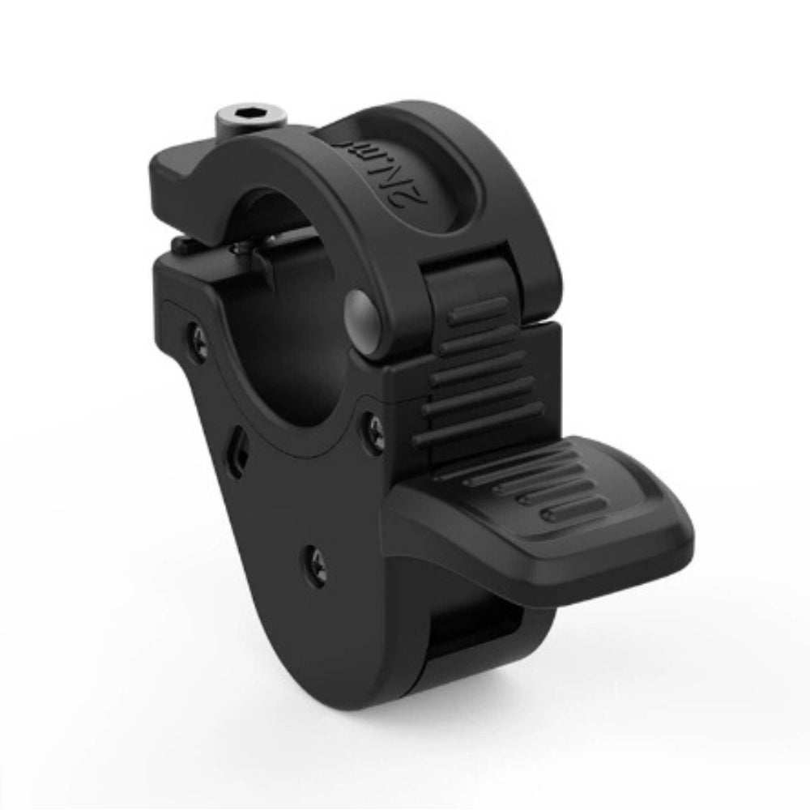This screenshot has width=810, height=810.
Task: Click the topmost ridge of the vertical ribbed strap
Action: tap(478, 311)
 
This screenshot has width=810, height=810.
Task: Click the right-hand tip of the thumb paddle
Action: tap(680, 539)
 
